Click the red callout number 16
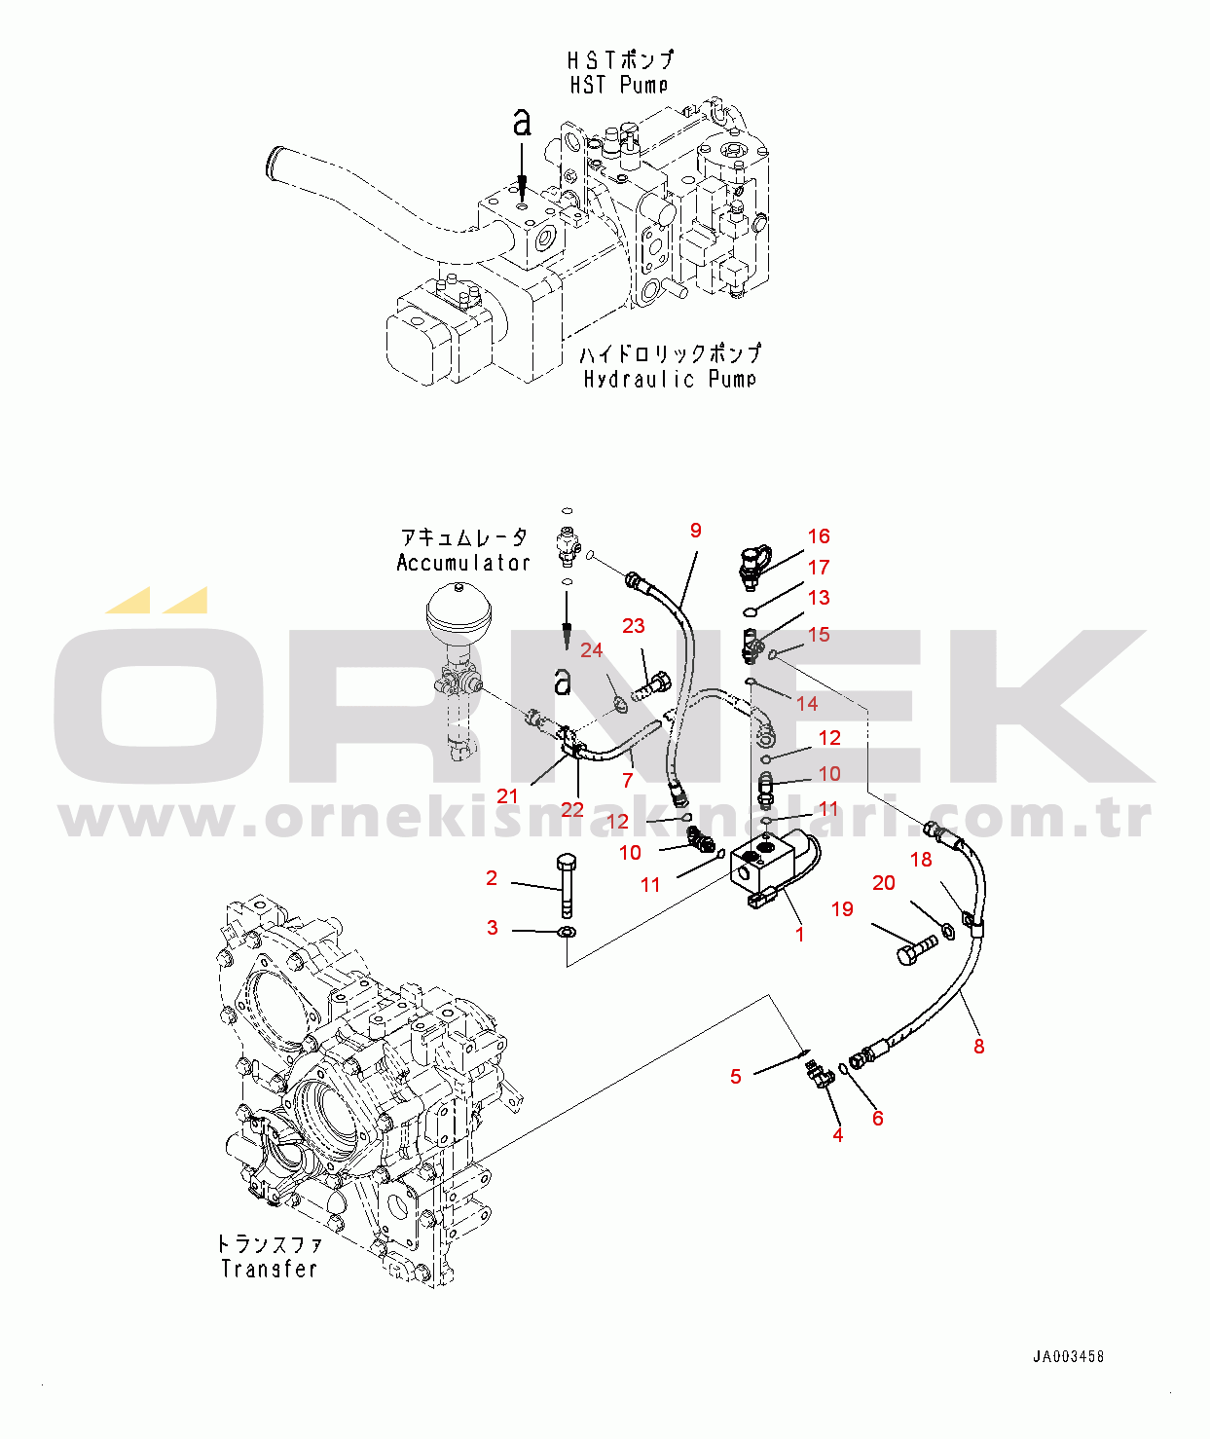click(x=819, y=536)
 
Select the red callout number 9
click(x=696, y=530)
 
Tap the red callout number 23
click(x=634, y=626)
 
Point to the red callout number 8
click(x=979, y=1047)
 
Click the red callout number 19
click(x=843, y=909)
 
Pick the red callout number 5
click(x=736, y=1077)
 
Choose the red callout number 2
click(x=492, y=878)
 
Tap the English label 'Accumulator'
click(x=463, y=563)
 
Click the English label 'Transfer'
click(x=269, y=1269)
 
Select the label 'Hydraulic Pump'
click(x=670, y=379)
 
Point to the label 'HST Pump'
click(x=619, y=86)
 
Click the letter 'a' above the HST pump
click(x=523, y=124)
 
